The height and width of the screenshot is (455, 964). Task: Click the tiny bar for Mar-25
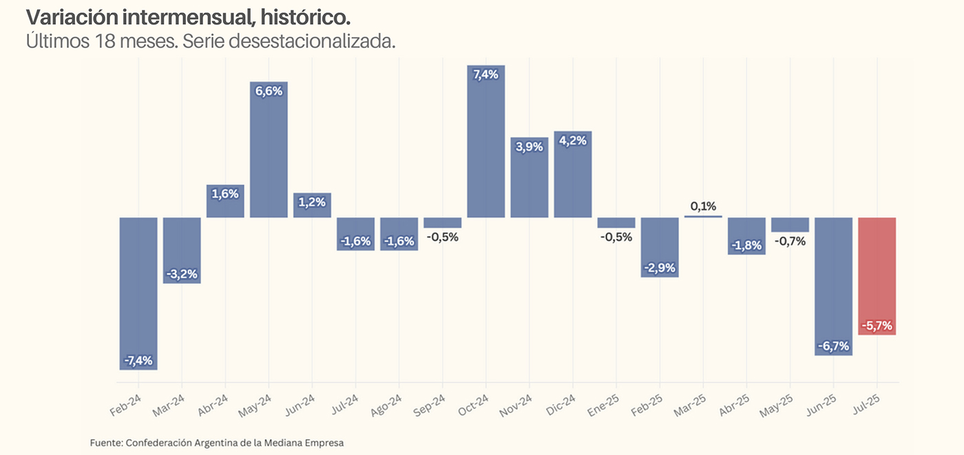[703, 217]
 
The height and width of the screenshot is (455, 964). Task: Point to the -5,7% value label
[877, 326]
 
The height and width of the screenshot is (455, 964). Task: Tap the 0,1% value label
[703, 206]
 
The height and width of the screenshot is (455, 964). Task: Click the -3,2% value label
[182, 274]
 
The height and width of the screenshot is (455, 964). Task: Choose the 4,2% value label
[573, 141]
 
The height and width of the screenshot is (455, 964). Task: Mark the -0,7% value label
[790, 242]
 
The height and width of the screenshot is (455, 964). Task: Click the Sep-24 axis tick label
[430, 405]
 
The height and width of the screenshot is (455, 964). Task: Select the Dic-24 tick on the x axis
[560, 405]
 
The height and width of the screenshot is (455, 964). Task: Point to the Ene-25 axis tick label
[603, 405]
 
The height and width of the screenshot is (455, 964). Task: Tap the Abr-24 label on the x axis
[213, 405]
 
